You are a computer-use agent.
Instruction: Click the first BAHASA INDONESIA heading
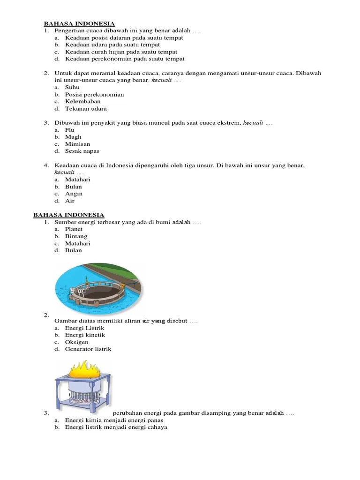79,23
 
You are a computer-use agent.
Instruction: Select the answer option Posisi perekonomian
94,95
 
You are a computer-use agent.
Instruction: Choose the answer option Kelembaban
82,102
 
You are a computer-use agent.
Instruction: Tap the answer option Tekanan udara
86,109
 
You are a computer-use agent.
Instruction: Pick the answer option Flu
70,130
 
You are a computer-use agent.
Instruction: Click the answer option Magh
73,137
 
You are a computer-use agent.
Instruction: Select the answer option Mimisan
77,144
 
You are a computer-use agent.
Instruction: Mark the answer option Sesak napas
82,151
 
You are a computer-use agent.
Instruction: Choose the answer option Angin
74,194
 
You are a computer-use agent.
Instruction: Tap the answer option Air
70,201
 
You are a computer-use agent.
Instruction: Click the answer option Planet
74,229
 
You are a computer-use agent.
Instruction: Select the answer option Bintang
76,236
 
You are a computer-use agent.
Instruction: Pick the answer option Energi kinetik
85,335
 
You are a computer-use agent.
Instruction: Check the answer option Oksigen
76,342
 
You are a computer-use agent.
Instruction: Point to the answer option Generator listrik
88,349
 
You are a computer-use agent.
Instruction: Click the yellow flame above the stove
84,369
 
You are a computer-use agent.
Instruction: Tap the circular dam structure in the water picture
100,293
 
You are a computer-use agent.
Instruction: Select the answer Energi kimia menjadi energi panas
114,420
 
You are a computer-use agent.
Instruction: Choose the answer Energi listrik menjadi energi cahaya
116,427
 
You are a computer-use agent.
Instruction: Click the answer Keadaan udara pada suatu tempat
112,45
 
